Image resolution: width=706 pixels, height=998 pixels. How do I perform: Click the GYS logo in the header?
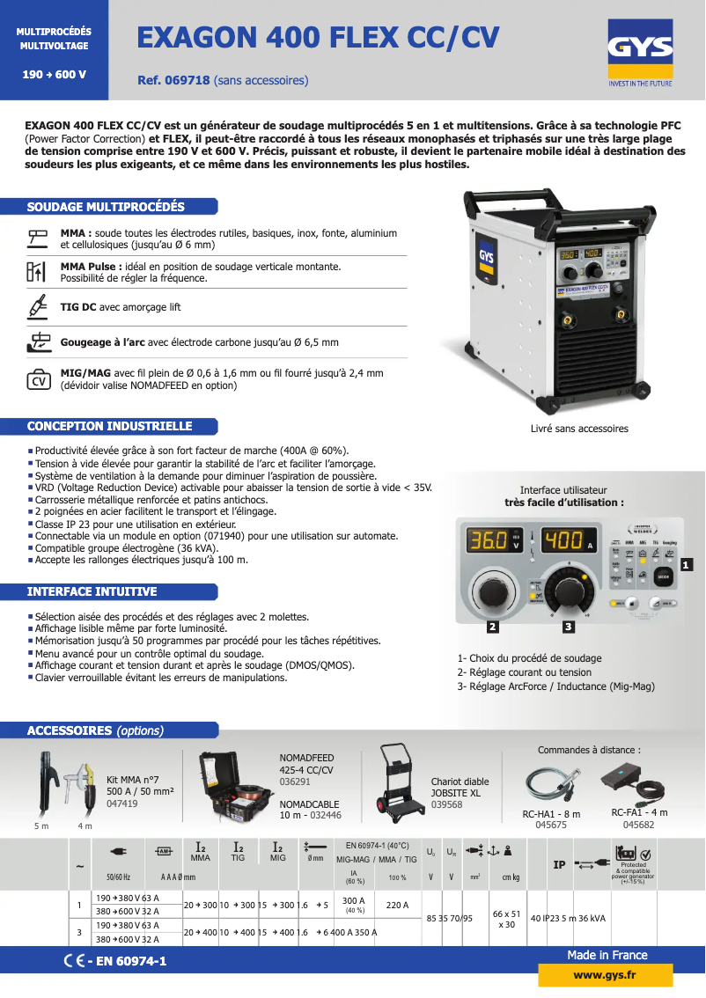click(640, 53)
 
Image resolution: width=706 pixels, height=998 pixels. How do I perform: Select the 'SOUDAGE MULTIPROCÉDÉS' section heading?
click(107, 207)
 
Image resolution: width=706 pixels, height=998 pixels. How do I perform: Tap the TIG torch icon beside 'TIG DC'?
click(37, 308)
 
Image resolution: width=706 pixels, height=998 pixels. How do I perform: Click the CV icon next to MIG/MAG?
click(39, 378)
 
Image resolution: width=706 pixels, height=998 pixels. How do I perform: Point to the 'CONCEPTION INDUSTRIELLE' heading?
click(110, 426)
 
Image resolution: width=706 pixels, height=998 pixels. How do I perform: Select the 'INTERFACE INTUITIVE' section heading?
click(92, 591)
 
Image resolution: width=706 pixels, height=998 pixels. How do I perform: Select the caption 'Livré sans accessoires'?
click(579, 429)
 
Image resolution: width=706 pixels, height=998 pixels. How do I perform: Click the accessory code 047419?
click(121, 804)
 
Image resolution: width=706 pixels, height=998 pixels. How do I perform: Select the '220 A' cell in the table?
click(397, 904)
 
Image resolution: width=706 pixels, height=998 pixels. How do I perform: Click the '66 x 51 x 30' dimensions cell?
click(506, 920)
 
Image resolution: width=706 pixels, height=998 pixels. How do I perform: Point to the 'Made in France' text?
click(607, 955)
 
